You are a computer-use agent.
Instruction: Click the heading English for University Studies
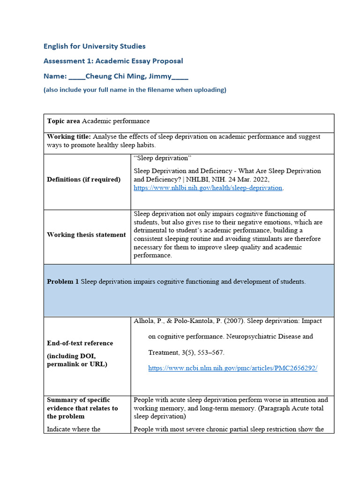94,46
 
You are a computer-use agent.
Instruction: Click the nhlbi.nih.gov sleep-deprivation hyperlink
208,187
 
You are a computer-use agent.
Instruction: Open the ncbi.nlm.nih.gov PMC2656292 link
232,368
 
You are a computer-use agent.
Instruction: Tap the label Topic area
63,121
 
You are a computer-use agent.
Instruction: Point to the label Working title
69,137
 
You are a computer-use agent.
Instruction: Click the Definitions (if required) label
83,179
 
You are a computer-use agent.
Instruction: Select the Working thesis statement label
86,234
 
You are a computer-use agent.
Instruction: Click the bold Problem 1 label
63,282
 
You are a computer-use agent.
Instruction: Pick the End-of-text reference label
80,343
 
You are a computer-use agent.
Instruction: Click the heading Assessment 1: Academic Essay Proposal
113,61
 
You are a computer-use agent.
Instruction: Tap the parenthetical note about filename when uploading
135,90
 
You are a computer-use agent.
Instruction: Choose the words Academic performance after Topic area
116,121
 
